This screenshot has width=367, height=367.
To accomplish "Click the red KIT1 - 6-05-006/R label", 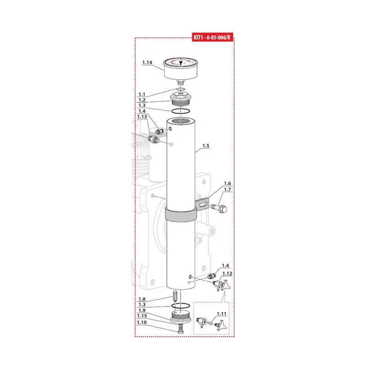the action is (x=212, y=37).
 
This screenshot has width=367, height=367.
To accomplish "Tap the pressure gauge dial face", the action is (x=181, y=62).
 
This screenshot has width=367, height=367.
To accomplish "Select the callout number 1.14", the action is (x=147, y=62).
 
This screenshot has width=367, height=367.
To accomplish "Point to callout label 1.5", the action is (x=206, y=145).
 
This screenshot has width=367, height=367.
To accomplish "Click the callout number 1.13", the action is (x=142, y=117).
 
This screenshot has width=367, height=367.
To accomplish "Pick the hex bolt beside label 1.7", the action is (x=219, y=208).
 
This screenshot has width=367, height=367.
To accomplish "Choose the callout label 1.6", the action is (x=227, y=183).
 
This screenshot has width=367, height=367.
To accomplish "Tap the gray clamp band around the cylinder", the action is (x=181, y=214).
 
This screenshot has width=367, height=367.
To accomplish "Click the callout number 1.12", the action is (x=227, y=273).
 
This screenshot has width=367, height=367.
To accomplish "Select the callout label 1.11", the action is (x=222, y=314).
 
